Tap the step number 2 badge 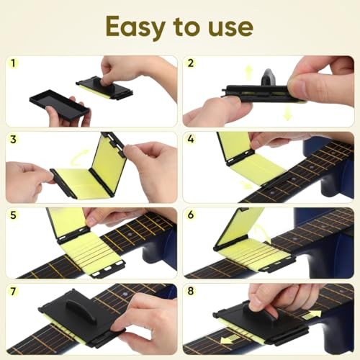(191, 63)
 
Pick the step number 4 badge (191, 139)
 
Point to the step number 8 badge (191, 291)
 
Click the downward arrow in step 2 (288, 113)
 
